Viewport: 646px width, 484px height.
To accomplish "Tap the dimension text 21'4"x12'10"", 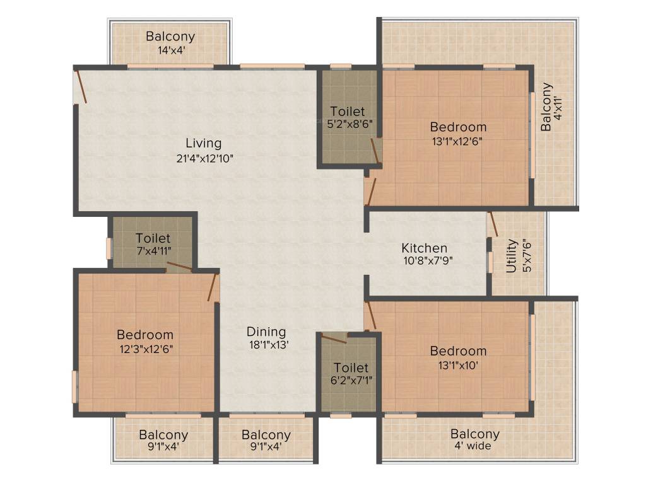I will [205, 158].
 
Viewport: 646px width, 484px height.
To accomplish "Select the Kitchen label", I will [425, 248].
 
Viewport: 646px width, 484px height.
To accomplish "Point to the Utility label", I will [512, 255].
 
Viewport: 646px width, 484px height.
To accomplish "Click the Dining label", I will [266, 331].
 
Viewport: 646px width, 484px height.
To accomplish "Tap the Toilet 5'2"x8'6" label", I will [348, 112].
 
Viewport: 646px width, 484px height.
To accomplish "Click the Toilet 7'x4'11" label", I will [153, 238].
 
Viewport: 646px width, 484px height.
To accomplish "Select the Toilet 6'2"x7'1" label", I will [351, 367].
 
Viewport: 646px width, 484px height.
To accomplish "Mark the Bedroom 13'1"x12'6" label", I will [458, 127].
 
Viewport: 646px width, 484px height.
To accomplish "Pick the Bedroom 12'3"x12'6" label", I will [144, 335].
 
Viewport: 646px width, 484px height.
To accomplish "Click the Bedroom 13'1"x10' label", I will [458, 351].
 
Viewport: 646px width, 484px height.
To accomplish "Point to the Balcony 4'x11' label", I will [546, 107].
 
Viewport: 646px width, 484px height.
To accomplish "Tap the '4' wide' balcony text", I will [474, 446].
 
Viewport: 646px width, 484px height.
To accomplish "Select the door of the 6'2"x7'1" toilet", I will [334, 338].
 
